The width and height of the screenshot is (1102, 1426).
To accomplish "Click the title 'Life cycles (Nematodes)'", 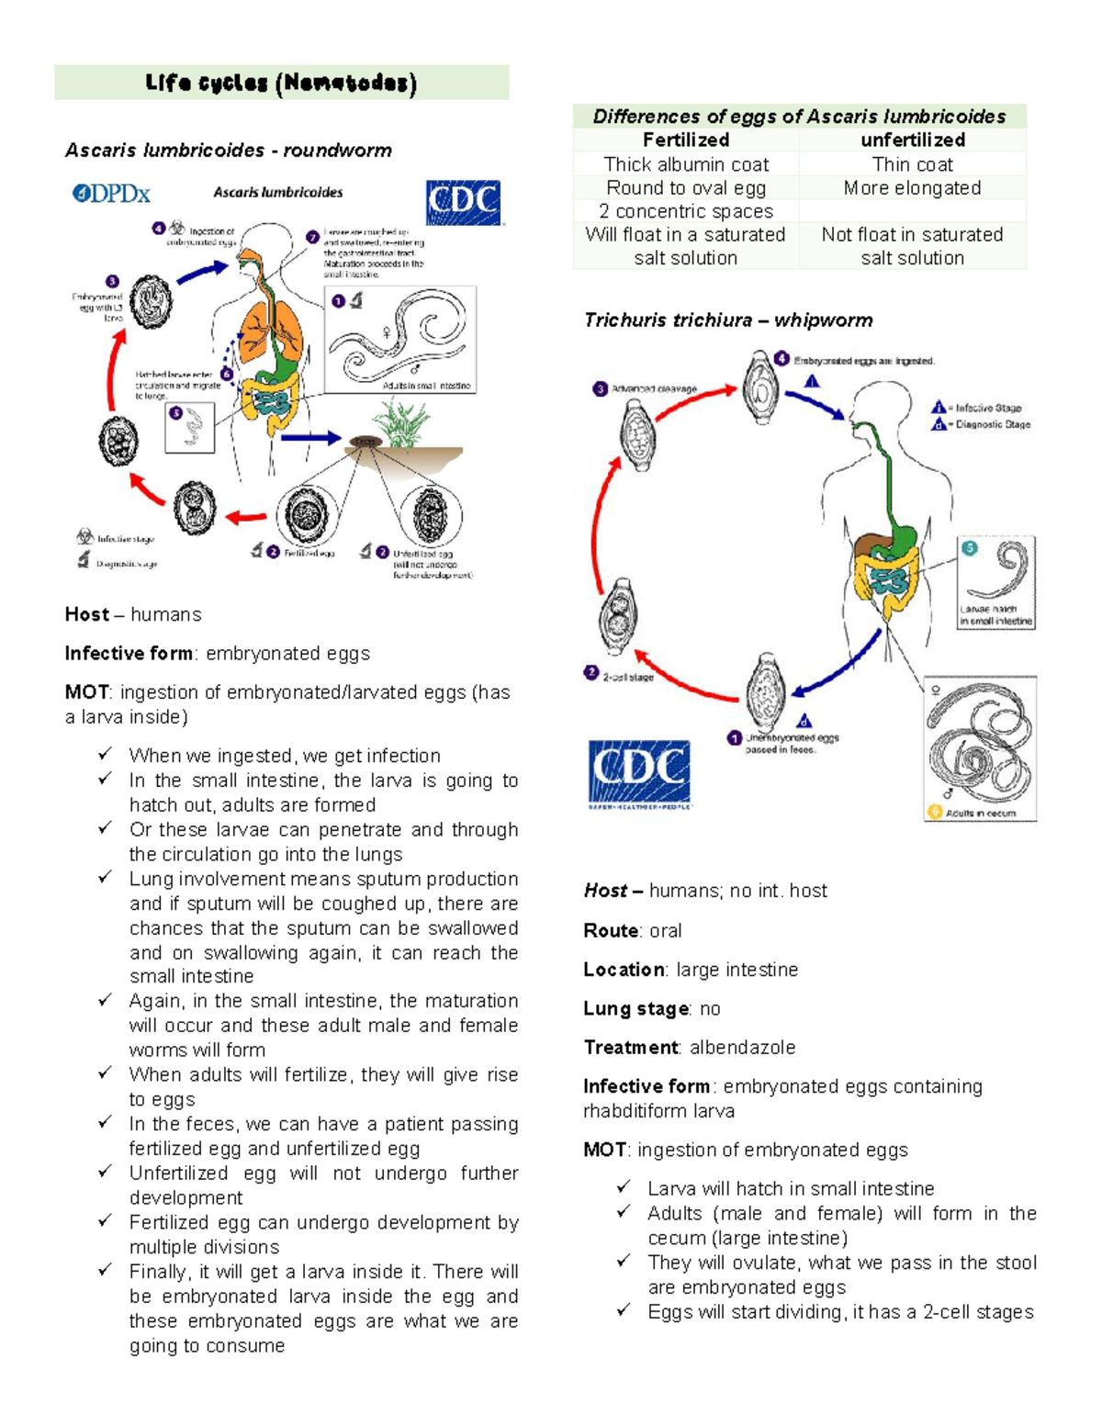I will point(281,84).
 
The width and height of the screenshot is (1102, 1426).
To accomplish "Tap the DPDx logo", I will point(111,194).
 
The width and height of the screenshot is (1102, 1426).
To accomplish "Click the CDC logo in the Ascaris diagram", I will point(463,202).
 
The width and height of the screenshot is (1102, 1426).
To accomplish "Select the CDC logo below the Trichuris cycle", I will point(638,773).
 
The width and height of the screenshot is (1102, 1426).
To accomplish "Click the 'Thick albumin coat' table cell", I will point(686,164).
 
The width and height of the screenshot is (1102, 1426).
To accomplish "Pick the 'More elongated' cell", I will point(912,188).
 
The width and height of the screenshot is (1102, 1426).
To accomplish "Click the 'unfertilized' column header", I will point(912,140).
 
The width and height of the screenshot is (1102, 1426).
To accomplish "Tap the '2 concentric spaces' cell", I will point(686,211).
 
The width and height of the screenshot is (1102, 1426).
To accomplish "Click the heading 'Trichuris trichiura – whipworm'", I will point(728,320).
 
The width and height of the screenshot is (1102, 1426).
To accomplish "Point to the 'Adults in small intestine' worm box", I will point(400,340).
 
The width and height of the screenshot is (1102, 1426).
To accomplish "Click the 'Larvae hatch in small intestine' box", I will point(996,582).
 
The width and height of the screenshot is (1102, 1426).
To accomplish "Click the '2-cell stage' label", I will point(628,677).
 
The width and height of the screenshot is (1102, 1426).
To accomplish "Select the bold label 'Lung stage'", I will point(636,1009).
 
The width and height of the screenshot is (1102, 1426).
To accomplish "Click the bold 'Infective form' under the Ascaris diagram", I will point(129,654).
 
